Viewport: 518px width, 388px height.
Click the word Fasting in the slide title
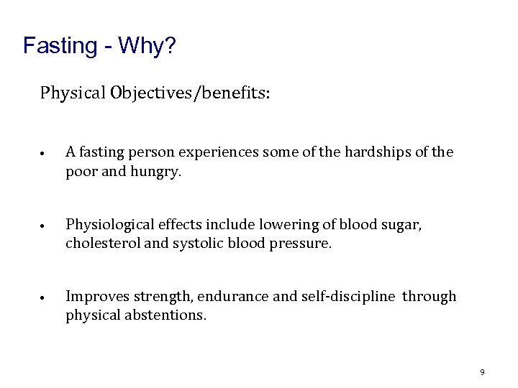click(60, 47)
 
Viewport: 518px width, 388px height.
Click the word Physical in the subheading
click(72, 93)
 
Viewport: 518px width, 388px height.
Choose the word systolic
click(196, 243)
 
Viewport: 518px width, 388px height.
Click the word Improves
click(94, 296)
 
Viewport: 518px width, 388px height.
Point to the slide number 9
click(482, 372)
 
